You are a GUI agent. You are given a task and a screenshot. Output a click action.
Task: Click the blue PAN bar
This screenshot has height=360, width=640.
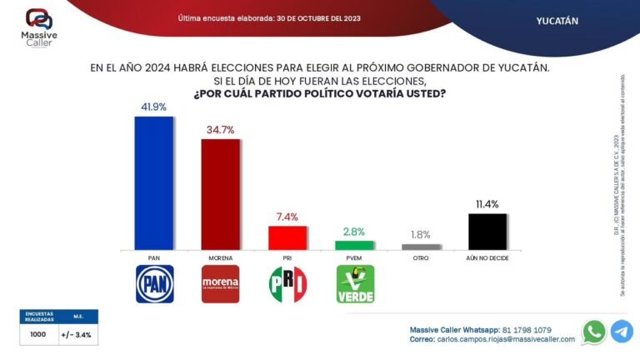tap(154, 182)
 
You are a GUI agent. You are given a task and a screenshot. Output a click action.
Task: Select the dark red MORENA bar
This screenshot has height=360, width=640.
tap(221, 193)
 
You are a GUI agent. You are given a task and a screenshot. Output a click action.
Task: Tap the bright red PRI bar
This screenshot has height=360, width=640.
tap(287, 237)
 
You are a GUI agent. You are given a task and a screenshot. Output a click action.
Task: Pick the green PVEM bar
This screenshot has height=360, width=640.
tap(354, 245)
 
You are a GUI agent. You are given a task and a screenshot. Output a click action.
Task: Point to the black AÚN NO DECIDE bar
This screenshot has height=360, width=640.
tap(487, 231)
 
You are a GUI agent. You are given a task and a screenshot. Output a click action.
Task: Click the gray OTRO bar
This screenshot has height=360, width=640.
tap(421, 247)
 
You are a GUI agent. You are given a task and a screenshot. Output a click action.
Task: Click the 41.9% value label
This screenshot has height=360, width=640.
tap(154, 107)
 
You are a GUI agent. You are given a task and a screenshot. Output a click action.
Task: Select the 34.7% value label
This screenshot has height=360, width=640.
tap(221, 131)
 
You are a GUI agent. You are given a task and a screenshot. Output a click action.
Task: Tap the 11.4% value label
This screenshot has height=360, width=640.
tap(487, 204)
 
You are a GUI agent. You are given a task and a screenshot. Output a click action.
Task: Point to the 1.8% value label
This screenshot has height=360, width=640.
tap(421, 234)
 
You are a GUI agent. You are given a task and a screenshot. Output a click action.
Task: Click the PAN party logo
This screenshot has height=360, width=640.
tap(154, 285)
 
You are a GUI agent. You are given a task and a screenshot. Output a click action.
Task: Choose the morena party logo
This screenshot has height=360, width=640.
tap(221, 285)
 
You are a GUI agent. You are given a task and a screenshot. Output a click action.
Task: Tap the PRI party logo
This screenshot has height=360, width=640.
tap(287, 285)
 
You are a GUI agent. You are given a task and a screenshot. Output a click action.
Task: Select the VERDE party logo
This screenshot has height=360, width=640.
tap(354, 285)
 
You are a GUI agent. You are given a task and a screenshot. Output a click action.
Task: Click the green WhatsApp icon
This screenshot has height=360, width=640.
tap(594, 332)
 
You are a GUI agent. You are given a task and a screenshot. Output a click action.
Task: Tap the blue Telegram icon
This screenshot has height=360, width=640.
tap(622, 332)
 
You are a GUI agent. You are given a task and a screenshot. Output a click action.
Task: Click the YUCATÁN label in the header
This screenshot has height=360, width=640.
tap(557, 21)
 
